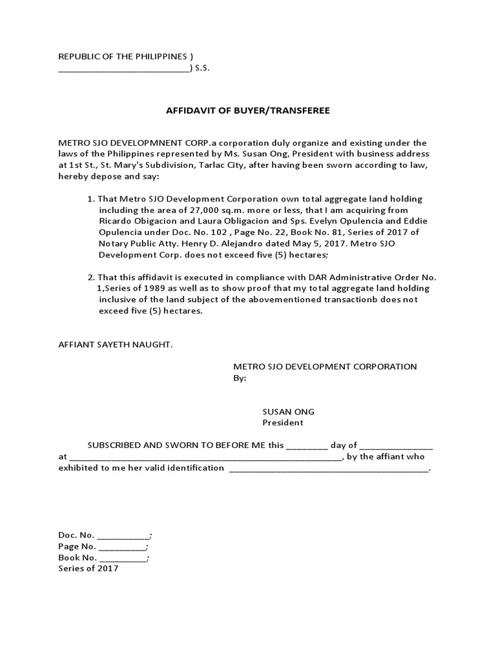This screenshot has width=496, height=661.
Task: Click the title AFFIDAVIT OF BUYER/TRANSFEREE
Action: click(248, 110)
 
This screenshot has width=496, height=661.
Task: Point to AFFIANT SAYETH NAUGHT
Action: click(116, 345)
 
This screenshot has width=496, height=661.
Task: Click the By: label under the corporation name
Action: click(240, 378)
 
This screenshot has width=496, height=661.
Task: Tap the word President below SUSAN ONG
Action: click(282, 423)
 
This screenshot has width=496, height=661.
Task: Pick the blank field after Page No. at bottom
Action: click(122, 547)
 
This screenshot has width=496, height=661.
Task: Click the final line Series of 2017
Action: click(88, 569)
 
